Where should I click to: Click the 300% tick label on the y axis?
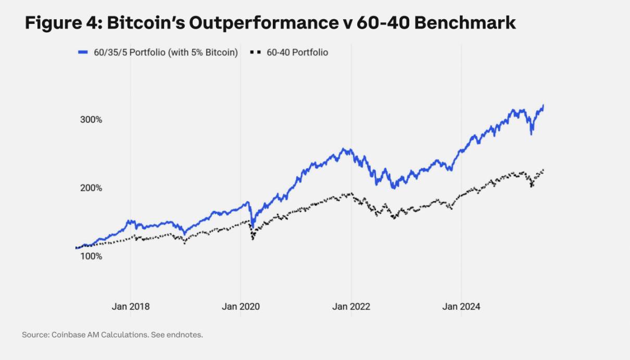click(x=92, y=120)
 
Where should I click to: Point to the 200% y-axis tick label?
click(x=92, y=188)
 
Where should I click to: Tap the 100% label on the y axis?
click(x=92, y=256)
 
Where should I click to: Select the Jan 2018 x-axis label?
click(x=131, y=306)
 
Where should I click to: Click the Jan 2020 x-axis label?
click(x=241, y=306)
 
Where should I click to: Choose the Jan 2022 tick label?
click(x=351, y=306)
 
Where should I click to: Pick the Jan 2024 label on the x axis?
click(x=461, y=306)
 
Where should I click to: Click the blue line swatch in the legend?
click(x=83, y=52)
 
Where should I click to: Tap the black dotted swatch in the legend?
click(x=255, y=52)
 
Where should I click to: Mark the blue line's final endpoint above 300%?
click(x=544, y=106)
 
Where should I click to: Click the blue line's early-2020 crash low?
click(x=253, y=226)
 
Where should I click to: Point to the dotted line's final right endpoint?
click(x=544, y=170)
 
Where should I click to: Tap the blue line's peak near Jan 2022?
click(x=343, y=149)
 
